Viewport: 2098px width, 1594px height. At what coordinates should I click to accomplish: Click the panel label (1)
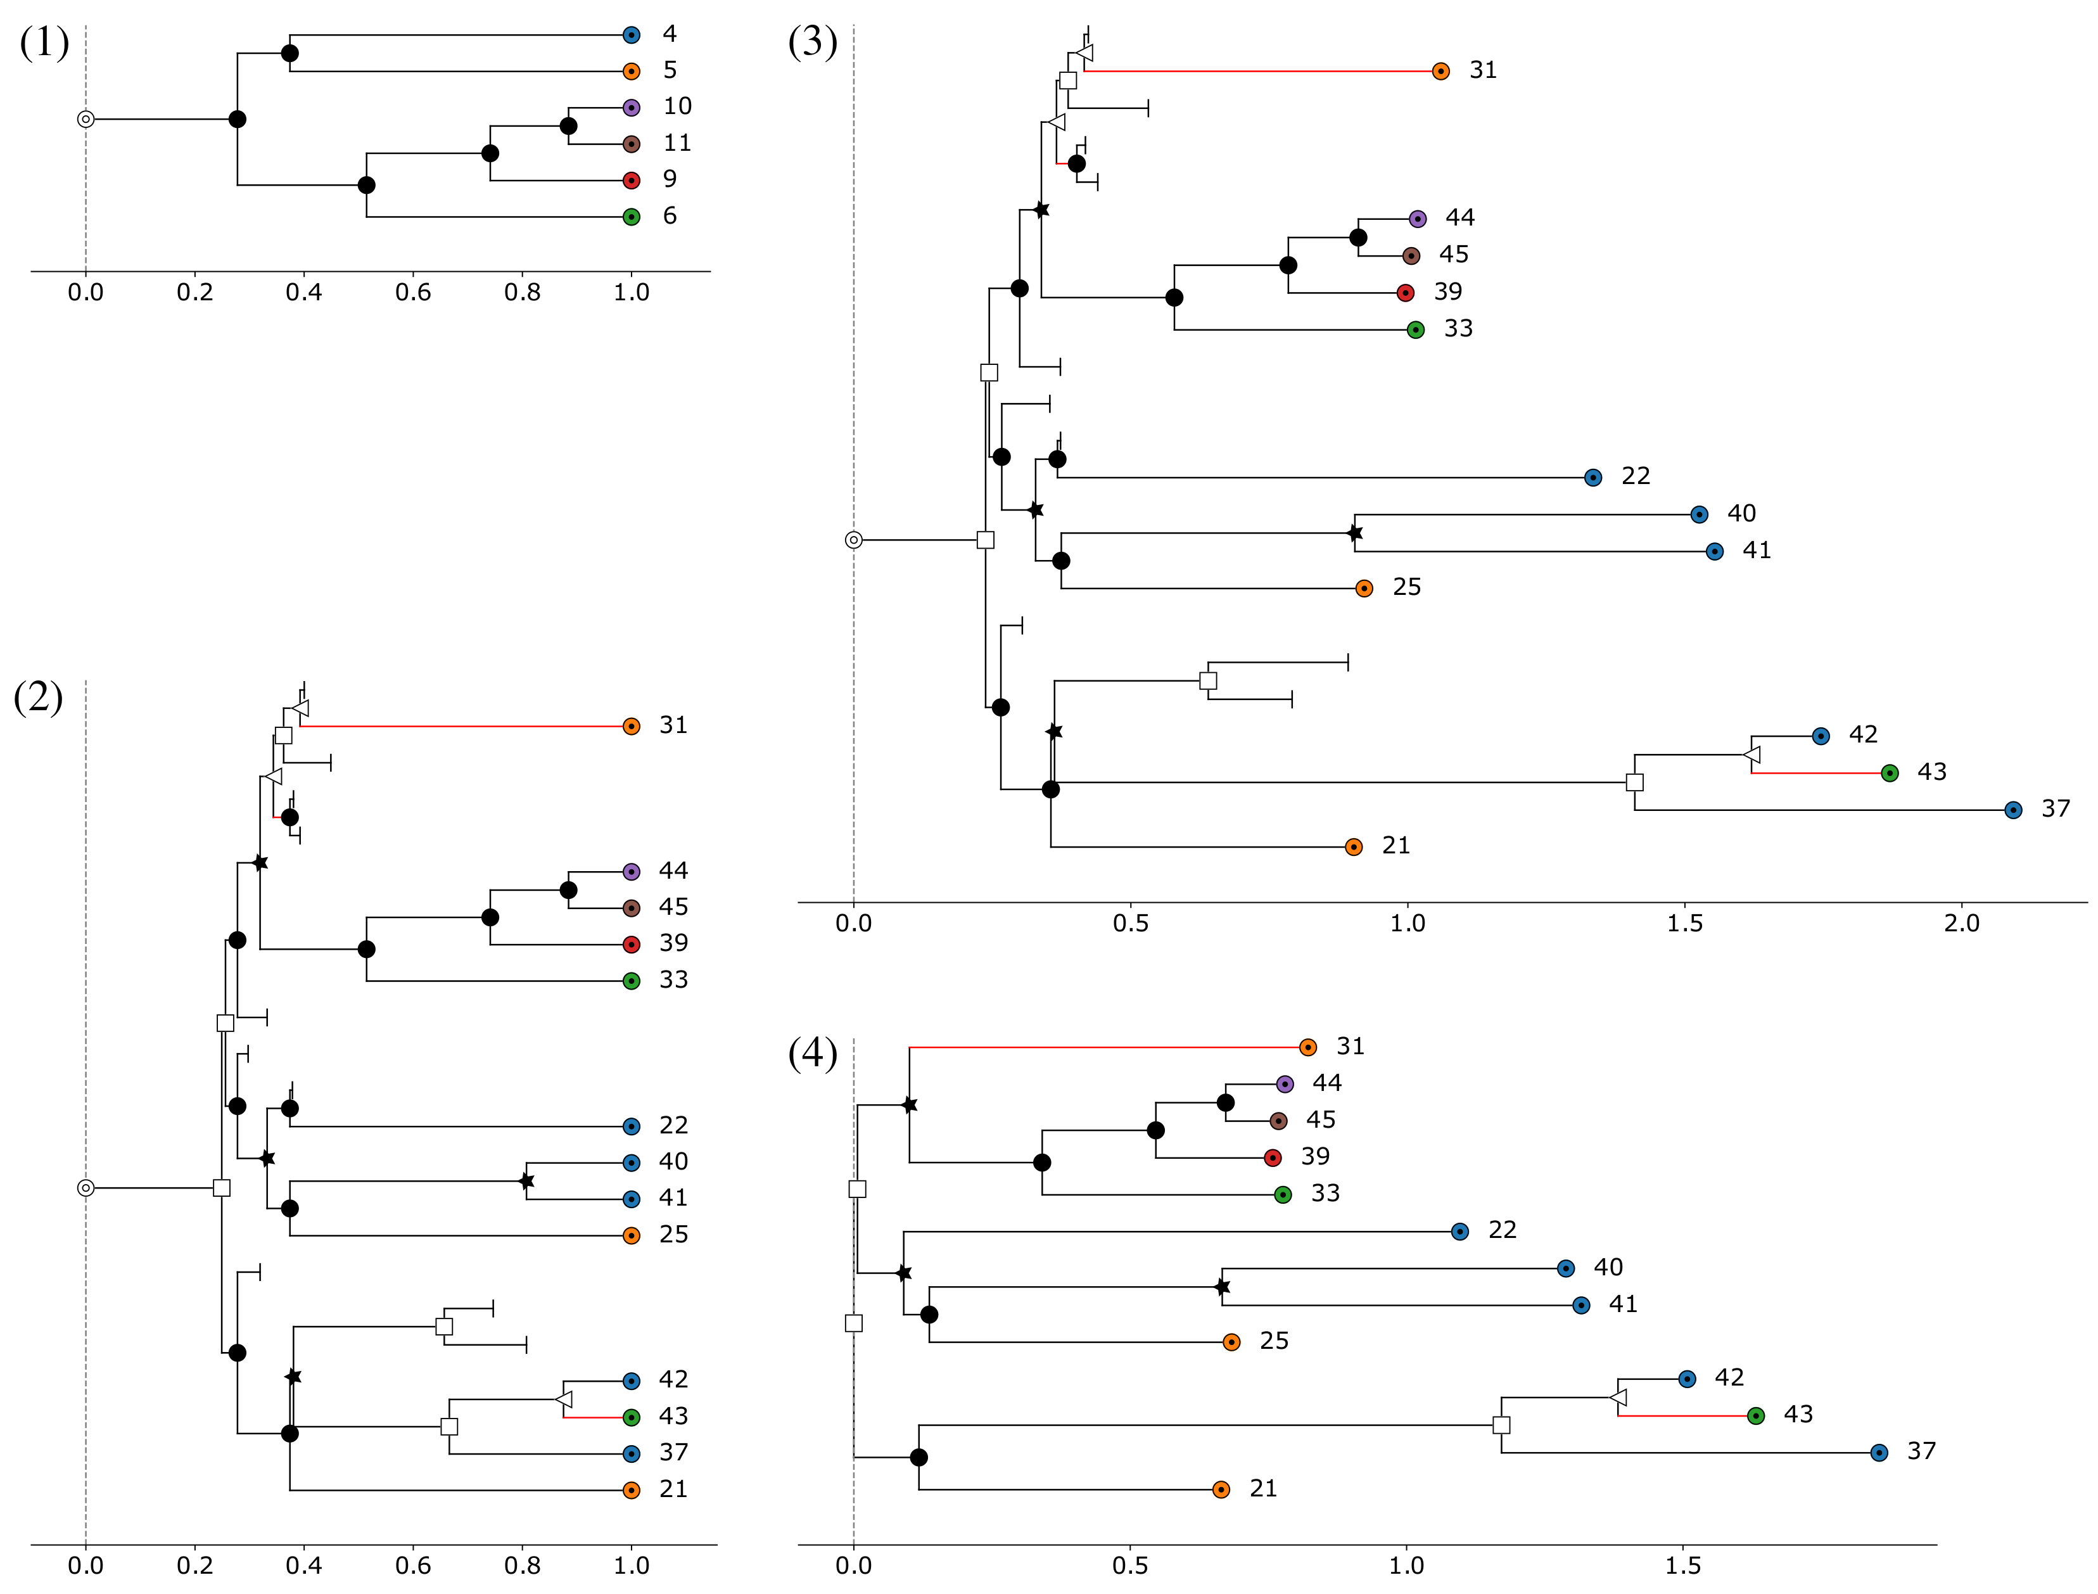pos(44,42)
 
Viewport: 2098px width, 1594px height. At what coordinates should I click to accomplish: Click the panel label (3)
pos(812,42)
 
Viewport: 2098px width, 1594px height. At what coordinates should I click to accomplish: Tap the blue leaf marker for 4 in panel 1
pos(632,35)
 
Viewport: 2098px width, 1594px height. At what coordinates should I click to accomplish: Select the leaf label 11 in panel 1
pos(677,143)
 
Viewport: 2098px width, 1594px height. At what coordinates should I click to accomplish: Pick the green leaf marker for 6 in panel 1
pos(632,217)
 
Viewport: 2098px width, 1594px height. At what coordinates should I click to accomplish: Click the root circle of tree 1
pos(86,120)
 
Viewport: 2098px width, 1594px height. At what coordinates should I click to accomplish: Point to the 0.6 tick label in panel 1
pos(412,292)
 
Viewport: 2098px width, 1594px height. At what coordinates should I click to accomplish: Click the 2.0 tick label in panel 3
pos(1961,923)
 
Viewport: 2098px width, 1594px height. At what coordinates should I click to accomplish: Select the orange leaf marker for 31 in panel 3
pos(1440,71)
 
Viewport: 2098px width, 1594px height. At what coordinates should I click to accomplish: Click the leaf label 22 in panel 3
pos(1635,476)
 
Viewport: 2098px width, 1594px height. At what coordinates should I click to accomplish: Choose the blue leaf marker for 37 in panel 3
pos(2012,810)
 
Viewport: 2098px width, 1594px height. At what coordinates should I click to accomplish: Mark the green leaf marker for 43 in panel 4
pos(1755,1415)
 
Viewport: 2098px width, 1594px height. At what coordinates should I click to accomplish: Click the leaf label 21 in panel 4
pos(1262,1489)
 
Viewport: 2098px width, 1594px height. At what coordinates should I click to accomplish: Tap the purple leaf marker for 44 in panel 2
pos(632,872)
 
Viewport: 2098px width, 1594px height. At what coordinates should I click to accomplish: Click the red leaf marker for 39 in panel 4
pos(1273,1157)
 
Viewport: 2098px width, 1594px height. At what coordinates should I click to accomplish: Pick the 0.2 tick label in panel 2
pos(194,1565)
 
